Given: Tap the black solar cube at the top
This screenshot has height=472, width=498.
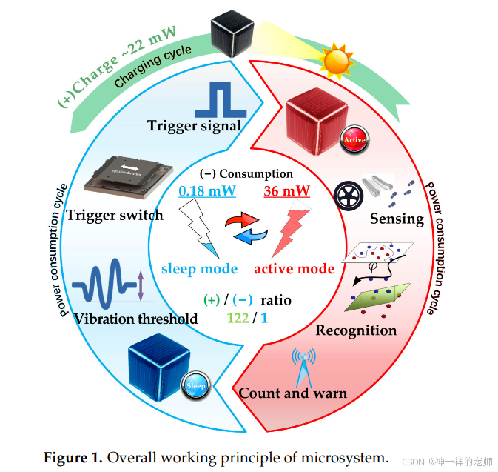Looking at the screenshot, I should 234,33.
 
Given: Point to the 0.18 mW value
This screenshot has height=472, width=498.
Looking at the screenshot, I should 207,192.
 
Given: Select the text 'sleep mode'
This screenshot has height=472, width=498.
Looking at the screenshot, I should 199,267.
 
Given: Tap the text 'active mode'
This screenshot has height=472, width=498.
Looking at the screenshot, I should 294,267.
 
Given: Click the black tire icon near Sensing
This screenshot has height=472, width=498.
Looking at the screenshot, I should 349,196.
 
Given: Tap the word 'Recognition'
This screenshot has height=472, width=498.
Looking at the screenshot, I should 356,330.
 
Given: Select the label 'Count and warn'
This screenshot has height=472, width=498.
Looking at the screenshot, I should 292,393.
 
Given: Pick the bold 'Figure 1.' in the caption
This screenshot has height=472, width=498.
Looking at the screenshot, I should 73,457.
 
